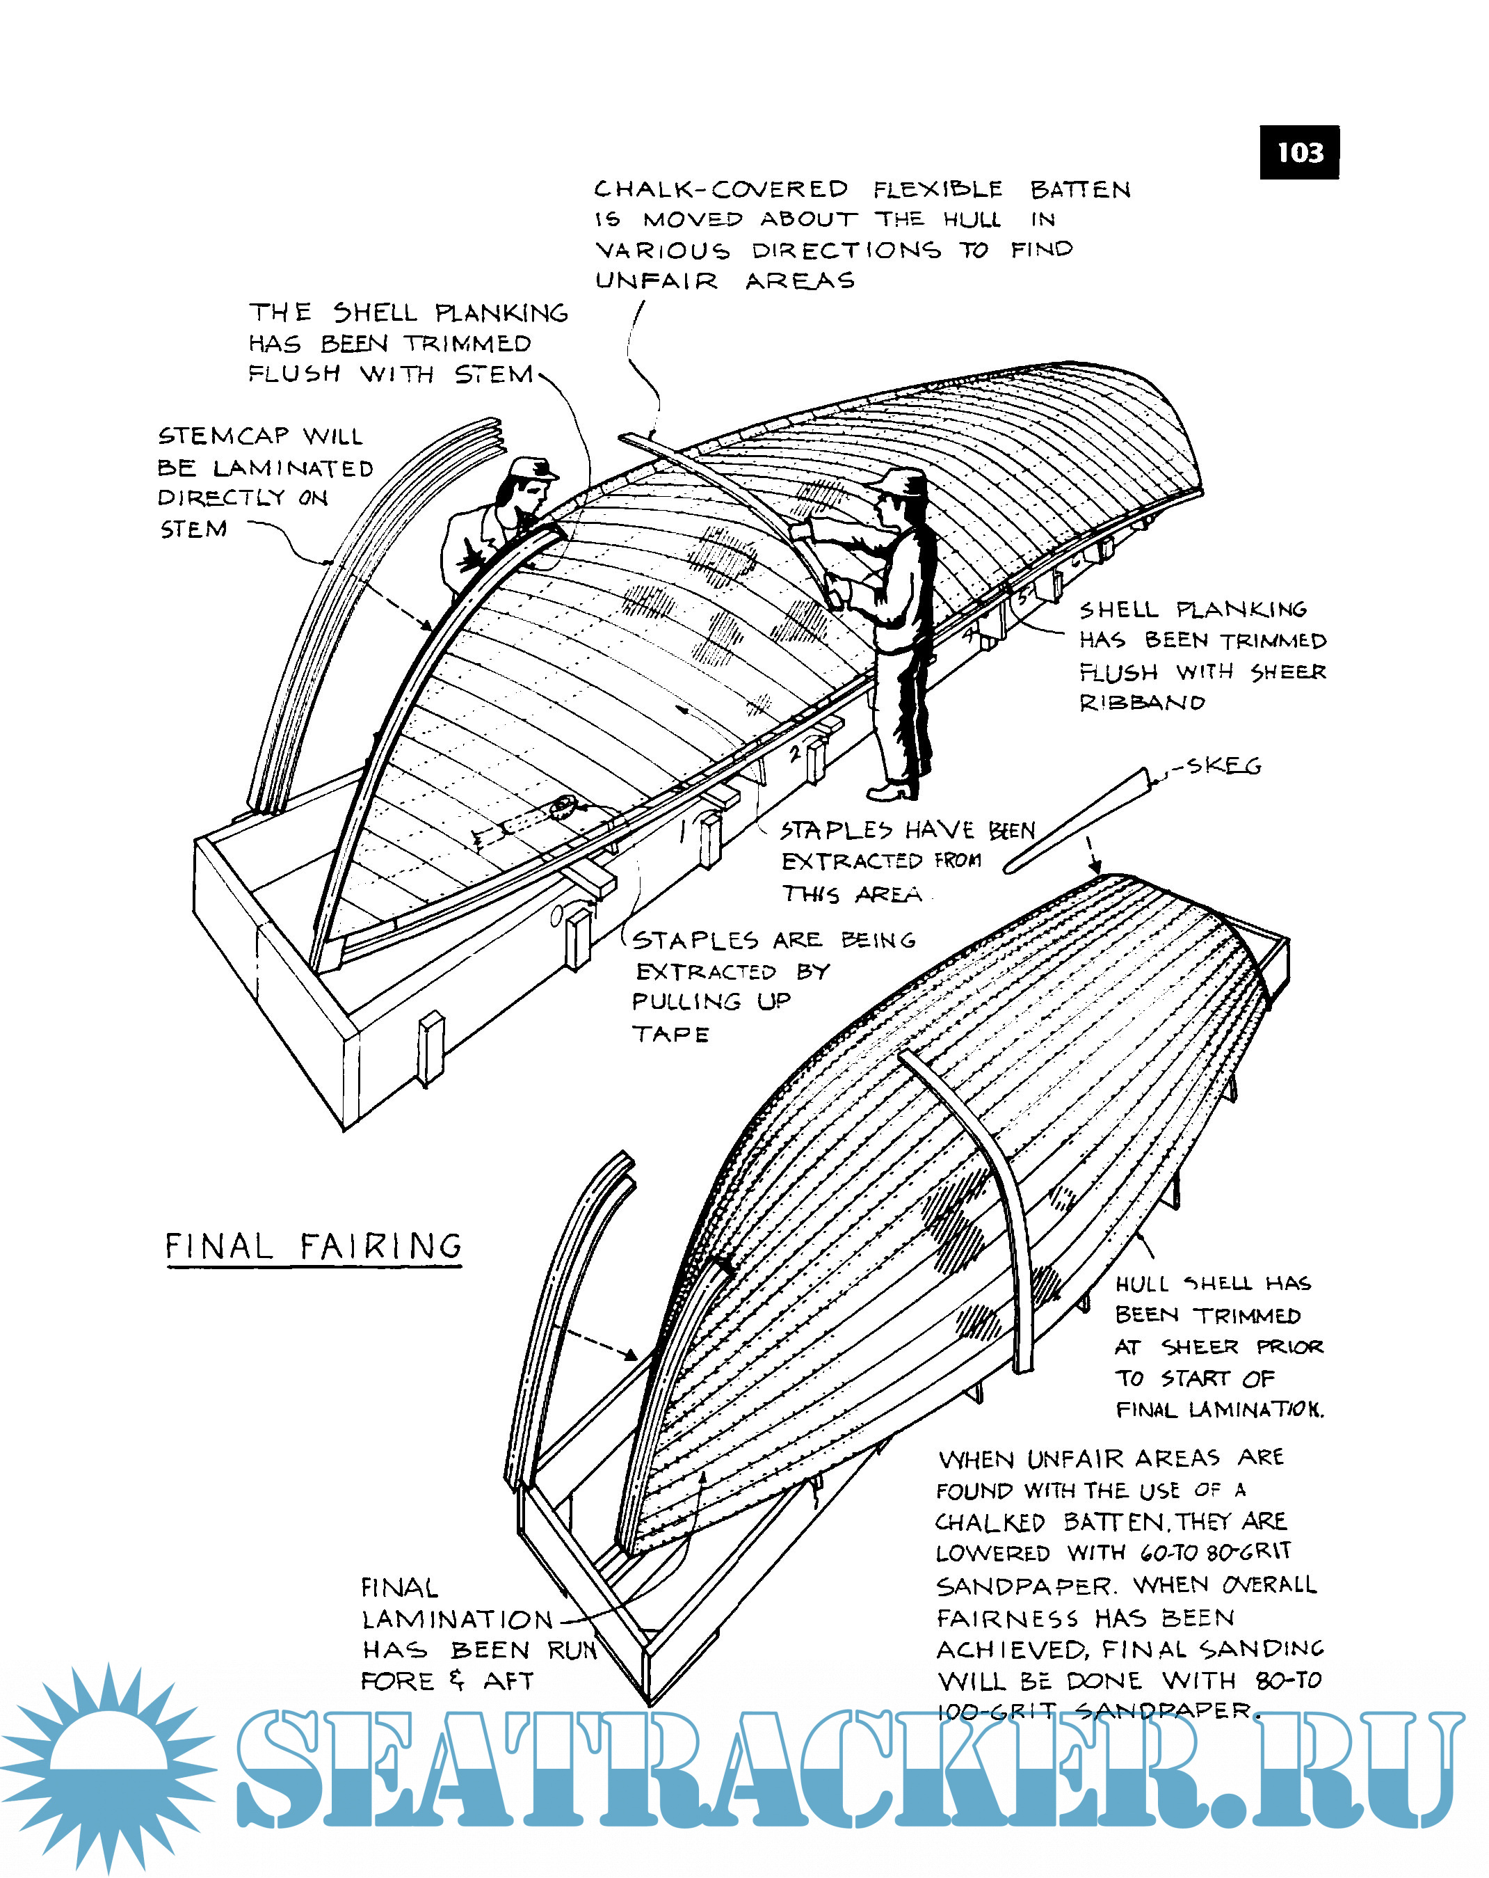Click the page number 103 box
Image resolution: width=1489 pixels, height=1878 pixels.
(x=1298, y=152)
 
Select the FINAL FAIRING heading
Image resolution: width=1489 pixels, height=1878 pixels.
(x=314, y=1246)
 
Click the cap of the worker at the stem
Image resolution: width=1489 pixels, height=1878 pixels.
(x=532, y=468)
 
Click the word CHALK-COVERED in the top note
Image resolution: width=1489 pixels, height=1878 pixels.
(x=720, y=189)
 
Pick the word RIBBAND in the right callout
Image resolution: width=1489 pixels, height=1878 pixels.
(x=1141, y=702)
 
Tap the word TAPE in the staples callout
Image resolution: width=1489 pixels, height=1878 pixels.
(x=670, y=1034)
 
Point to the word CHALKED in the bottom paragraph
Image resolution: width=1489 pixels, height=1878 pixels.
(x=990, y=1522)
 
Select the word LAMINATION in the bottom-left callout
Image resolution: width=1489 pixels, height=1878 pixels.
(x=457, y=1619)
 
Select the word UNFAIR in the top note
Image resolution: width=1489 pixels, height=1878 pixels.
(x=657, y=280)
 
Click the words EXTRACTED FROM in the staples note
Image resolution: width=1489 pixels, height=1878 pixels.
(x=880, y=861)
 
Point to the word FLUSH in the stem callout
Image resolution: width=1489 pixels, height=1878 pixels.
(x=294, y=374)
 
